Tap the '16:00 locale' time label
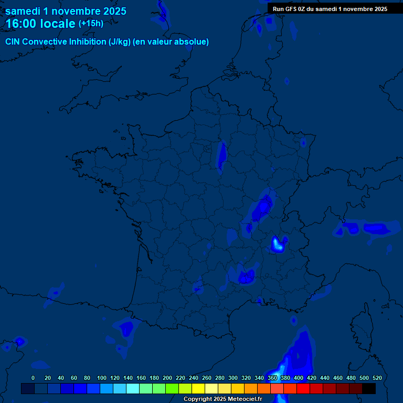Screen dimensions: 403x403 pos(40,24)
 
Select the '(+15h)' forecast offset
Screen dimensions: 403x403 pos(91,24)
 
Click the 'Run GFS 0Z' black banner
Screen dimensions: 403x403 pos(330,8)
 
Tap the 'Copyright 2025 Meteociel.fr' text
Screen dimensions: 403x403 pos(222,399)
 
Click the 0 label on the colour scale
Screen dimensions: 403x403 pos(33,378)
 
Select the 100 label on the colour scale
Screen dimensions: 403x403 pos(102,378)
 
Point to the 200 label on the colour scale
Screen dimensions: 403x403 pos(167,378)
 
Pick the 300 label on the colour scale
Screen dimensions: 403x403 pos(233,378)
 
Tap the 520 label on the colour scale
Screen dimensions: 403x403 pos(377,378)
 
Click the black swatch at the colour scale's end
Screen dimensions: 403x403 pos(369,388)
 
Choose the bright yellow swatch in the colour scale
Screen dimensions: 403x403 pos(198,388)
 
